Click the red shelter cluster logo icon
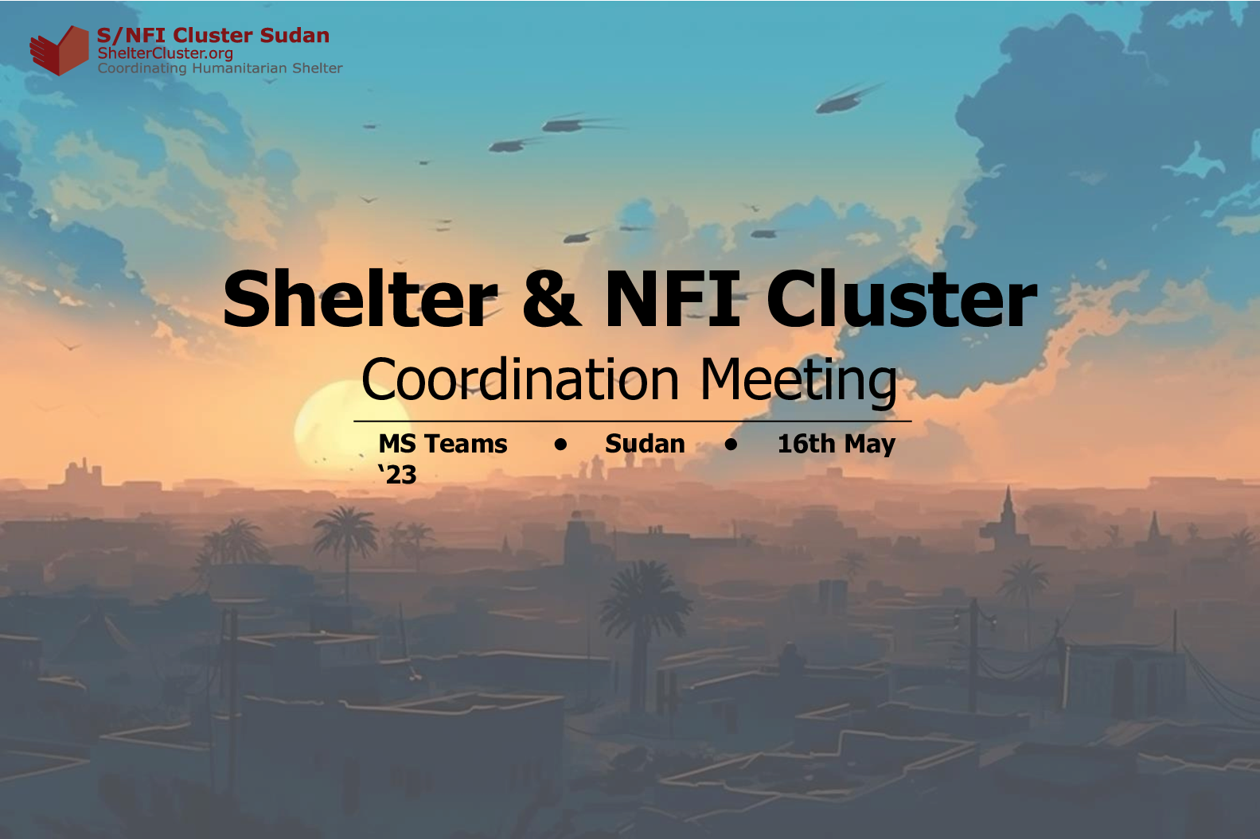pyautogui.click(x=60, y=50)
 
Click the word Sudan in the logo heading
pyautogui.click(x=295, y=36)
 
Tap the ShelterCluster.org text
pyautogui.click(x=166, y=53)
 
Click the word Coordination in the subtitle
pyautogui.click(x=520, y=379)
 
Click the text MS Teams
pyautogui.click(x=443, y=444)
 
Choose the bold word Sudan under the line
pyautogui.click(x=646, y=444)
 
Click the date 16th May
pyautogui.click(x=837, y=445)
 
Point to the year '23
pyautogui.click(x=397, y=474)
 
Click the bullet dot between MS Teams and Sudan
pyautogui.click(x=560, y=445)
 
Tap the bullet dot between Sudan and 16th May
pyautogui.click(x=731, y=445)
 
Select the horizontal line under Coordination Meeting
pyautogui.click(x=632, y=421)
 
